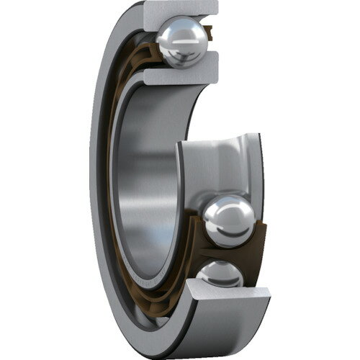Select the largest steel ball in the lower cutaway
[228, 220]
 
